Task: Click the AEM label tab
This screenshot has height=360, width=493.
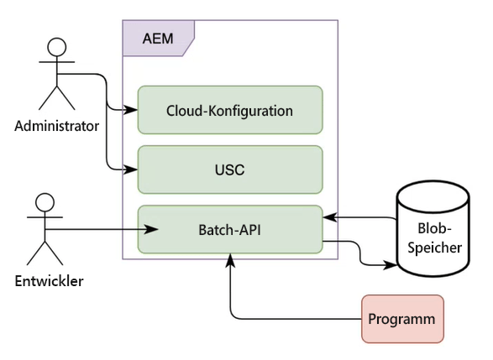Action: tap(158, 39)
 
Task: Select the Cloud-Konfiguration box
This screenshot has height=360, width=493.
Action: tap(229, 109)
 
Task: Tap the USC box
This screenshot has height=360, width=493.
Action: tap(229, 170)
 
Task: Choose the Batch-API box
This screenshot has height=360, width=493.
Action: tap(229, 229)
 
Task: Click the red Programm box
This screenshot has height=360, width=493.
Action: tap(401, 319)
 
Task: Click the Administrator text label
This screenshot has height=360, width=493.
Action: tap(56, 127)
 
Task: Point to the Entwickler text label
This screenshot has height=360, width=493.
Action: tap(48, 281)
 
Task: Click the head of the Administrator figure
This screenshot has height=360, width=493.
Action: tap(57, 45)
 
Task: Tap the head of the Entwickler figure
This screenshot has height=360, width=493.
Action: tap(45, 202)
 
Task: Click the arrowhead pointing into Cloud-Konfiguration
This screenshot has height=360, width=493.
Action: tap(132, 109)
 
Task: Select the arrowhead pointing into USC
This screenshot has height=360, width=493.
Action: tap(132, 170)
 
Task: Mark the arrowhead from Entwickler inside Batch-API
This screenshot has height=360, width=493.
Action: tap(154, 229)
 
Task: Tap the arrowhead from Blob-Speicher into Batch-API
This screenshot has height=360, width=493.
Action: tap(329, 217)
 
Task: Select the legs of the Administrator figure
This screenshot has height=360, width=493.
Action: tap(57, 97)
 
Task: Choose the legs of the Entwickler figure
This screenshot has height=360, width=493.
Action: tap(45, 253)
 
